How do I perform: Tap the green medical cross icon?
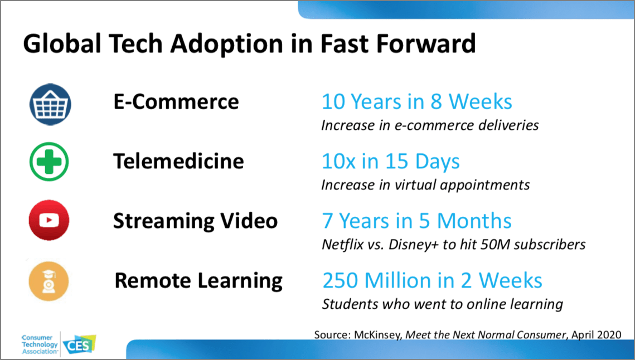tap(49, 162)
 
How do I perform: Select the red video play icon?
tap(49, 221)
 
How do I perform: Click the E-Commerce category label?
tap(176, 102)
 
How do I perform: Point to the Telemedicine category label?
tap(178, 162)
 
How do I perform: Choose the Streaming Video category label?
tap(195, 221)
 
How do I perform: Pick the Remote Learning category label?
tap(198, 280)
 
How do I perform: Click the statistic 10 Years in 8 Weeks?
tap(416, 101)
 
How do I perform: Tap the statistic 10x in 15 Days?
tap(390, 162)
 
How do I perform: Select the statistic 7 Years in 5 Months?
tap(416, 221)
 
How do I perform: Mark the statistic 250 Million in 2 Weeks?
tap(432, 280)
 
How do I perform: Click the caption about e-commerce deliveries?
tap(429, 125)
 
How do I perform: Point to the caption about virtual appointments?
tap(425, 184)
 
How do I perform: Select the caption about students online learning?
tap(442, 304)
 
